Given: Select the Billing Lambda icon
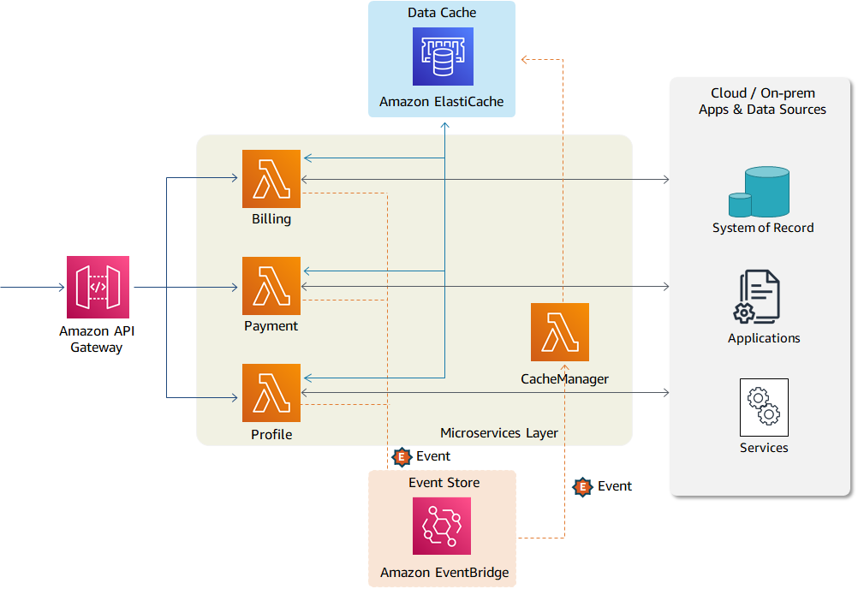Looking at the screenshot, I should pos(271,179).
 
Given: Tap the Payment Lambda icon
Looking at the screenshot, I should pos(271,286).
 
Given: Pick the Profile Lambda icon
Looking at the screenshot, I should pos(271,393).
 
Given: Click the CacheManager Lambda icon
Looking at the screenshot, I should pos(560,332).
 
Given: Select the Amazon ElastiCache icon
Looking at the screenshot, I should pos(442,57).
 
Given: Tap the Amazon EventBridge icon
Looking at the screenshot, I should pos(442,527).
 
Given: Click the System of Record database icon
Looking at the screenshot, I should pos(760,193).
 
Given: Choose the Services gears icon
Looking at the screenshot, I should pos(763,408).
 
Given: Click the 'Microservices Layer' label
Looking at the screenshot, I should pos(498,433).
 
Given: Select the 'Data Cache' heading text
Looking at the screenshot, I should pos(442,13).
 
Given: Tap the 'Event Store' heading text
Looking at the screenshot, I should pos(444,483).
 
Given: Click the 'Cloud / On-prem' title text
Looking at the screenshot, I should pos(762,93).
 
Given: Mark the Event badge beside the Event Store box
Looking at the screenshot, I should pos(402,457).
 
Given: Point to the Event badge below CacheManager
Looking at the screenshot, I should pos(583,487).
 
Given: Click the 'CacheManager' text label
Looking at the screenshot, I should pos(564,378).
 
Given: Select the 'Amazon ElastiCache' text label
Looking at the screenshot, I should pos(442,102).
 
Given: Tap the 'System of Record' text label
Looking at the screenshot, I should pos(762,228).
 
